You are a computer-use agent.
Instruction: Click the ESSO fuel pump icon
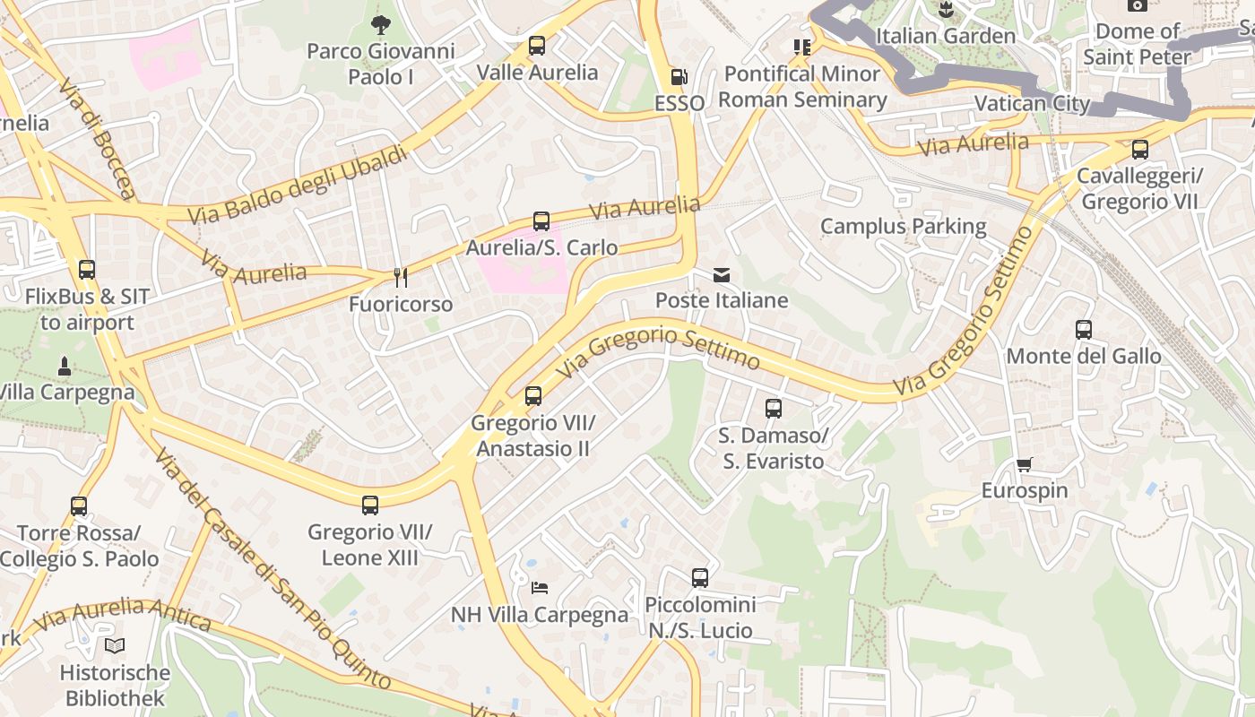tap(679, 77)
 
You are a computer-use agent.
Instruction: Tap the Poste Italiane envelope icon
tap(722, 275)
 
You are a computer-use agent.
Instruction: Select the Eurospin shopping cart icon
tap(1025, 464)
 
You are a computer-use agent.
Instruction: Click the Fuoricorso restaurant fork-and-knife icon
tap(401, 278)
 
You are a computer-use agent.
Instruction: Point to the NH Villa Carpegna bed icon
tap(539, 588)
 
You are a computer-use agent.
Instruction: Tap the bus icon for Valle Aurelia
tap(537, 46)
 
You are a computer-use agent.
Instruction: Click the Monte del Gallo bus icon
tap(1084, 330)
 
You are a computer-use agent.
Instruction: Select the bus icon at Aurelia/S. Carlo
tap(541, 221)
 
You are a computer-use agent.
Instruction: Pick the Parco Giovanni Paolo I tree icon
tap(380, 24)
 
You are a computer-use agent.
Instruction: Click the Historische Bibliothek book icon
tap(115, 645)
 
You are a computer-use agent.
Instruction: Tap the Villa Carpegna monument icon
tap(65, 366)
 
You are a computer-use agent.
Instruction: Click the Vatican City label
tap(1032, 103)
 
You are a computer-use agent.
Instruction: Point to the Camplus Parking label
tap(903, 227)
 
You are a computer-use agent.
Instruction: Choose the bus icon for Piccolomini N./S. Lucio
tap(700, 578)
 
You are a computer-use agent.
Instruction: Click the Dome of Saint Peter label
tap(1137, 44)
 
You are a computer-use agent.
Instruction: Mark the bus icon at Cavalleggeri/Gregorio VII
tap(1140, 150)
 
